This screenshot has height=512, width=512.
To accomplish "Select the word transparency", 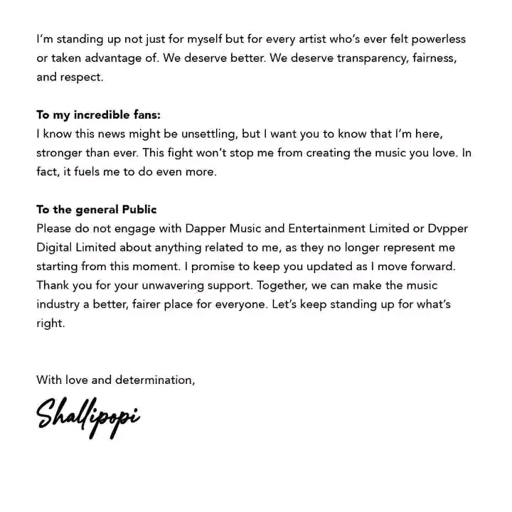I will [373, 58].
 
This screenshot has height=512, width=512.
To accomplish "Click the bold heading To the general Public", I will [97, 210].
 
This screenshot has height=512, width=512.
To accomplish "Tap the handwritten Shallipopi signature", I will [88, 415].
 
